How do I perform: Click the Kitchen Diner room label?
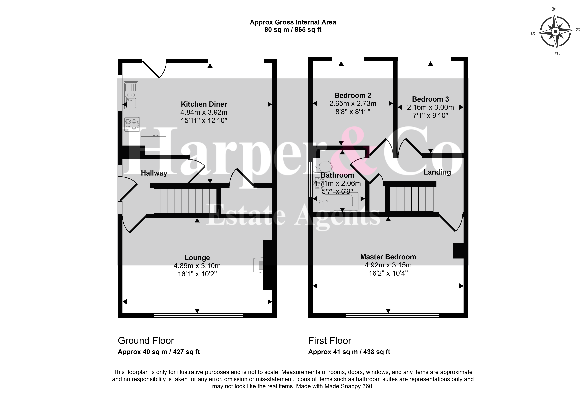[204, 104]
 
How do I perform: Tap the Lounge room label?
[197, 258]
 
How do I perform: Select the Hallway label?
[154, 173]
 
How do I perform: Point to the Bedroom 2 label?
[353, 95]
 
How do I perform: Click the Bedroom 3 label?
[430, 99]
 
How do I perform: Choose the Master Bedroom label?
[388, 257]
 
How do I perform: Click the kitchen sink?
[131, 96]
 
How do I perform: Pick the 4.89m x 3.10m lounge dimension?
[197, 266]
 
